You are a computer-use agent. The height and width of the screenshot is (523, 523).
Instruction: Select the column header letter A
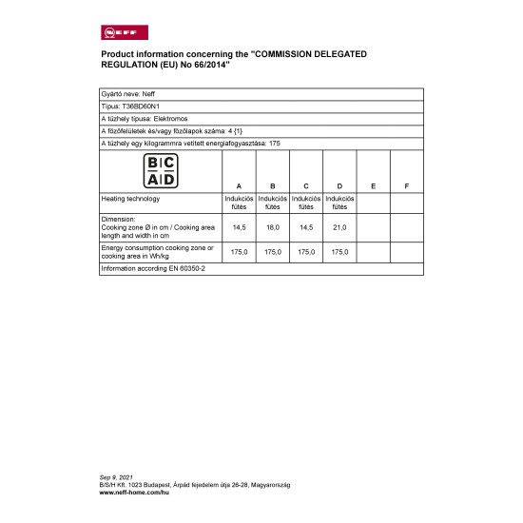pos(238,184)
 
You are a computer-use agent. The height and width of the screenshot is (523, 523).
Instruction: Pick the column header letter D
pos(339,184)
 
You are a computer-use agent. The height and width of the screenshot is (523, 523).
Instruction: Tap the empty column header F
pos(406,184)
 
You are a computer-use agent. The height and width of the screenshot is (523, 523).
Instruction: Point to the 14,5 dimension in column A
pos(238,228)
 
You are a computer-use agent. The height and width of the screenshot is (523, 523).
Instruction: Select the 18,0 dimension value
pos(272,228)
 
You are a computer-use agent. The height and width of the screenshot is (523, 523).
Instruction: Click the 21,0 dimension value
pos(339,228)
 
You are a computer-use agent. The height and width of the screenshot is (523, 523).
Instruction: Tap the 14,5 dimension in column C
pos(306,228)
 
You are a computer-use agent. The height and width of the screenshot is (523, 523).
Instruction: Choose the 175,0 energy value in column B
pos(272,252)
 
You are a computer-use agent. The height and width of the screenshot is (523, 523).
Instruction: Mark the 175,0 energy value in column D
pos(339,252)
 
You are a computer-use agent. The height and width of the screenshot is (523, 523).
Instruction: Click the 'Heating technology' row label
pos(130,199)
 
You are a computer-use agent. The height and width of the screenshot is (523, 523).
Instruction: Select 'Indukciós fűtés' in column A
pos(238,203)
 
